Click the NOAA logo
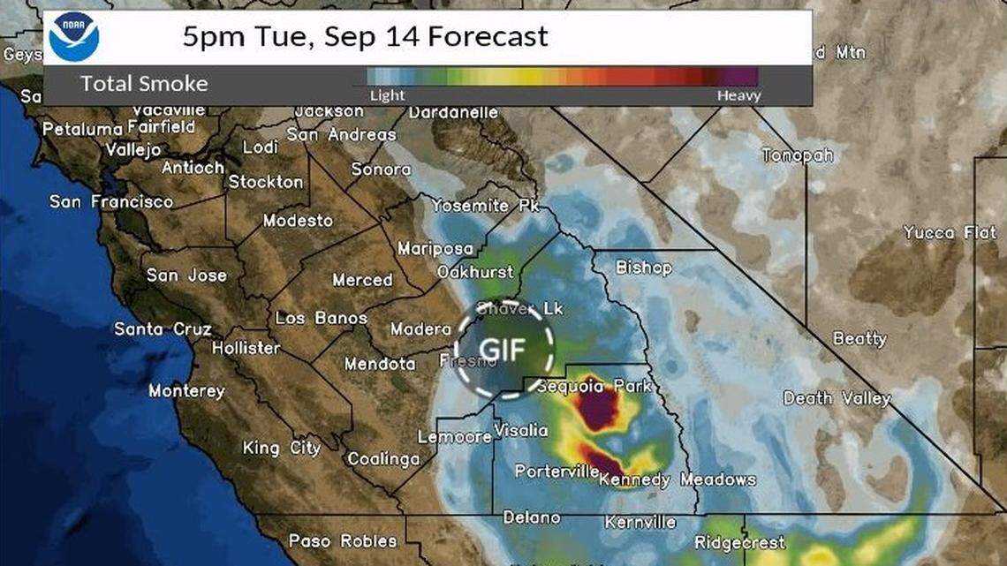[x=74, y=37]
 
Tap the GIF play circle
[x=504, y=349]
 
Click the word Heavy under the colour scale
[x=738, y=95]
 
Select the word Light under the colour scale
[x=387, y=95]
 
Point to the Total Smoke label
[x=144, y=84]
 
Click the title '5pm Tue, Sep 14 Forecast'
[x=365, y=36]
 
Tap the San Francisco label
[x=111, y=202]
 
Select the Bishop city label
[x=643, y=268]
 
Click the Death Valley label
[x=837, y=398]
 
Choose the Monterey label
[x=186, y=390]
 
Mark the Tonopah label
[x=798, y=155]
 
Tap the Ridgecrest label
[x=740, y=543]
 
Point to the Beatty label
[x=859, y=338]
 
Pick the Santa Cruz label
[x=163, y=329]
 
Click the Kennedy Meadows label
[x=678, y=480]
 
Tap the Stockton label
[x=266, y=182]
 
